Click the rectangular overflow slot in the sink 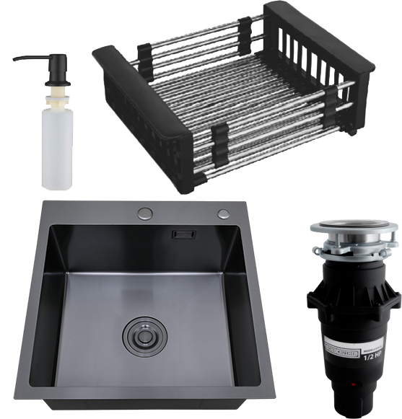[x=185, y=234]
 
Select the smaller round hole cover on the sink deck [x=223, y=213]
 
